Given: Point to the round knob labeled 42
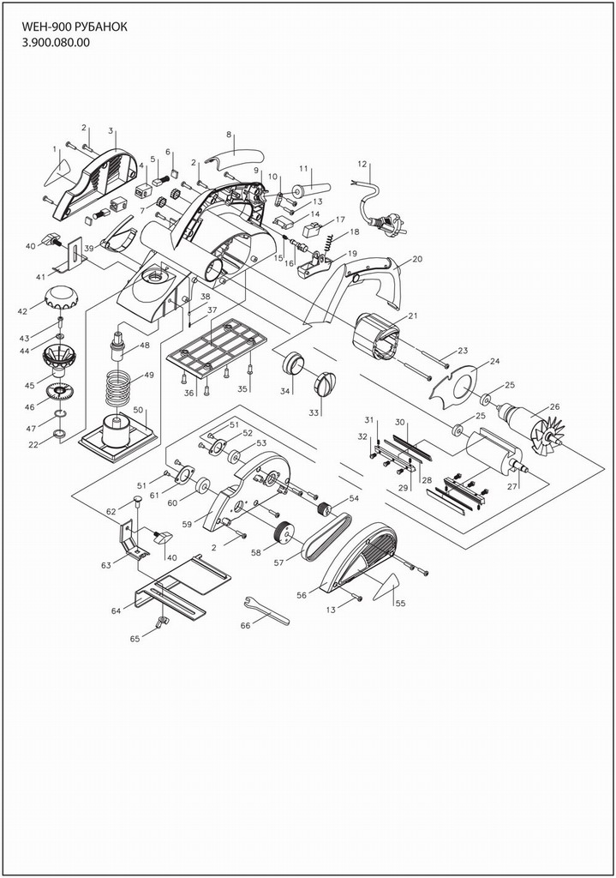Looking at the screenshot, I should (x=61, y=299).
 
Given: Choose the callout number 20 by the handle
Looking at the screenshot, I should (x=417, y=258).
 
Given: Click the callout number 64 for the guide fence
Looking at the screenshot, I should (x=116, y=610).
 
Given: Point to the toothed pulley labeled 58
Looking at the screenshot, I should (x=283, y=533).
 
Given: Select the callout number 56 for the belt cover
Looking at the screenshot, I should (x=301, y=594).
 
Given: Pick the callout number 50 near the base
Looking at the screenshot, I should (x=137, y=410).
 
